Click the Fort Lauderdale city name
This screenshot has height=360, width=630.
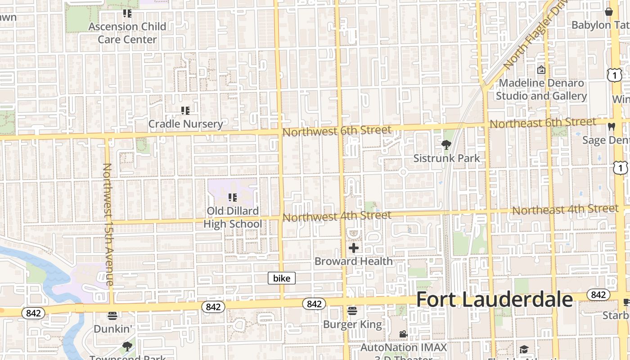(494, 300)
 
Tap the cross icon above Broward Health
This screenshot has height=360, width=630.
(354, 247)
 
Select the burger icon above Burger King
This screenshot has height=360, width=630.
(352, 311)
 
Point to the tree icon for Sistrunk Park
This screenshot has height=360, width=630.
(446, 144)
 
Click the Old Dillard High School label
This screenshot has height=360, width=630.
(233, 217)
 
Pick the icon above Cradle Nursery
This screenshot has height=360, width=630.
(185, 110)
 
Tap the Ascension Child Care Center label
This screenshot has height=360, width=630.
(127, 33)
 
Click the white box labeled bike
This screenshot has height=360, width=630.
(282, 278)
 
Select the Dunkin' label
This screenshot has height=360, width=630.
(112, 329)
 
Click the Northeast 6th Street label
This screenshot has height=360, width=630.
(543, 122)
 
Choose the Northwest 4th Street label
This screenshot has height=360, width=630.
(337, 216)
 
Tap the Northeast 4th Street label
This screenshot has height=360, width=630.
(565, 209)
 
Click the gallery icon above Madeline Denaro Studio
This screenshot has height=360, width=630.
(541, 70)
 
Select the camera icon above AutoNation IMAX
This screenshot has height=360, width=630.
(403, 334)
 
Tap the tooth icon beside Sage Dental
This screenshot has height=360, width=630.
(611, 126)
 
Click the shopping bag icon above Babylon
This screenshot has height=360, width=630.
(609, 12)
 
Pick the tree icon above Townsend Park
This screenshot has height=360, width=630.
(127, 346)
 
